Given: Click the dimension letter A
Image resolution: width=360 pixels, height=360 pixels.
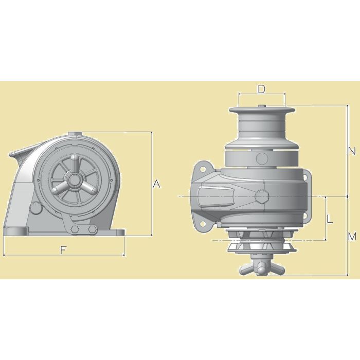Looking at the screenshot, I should pos(157,184).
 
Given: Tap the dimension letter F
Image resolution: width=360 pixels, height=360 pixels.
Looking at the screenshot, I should pos(63,250).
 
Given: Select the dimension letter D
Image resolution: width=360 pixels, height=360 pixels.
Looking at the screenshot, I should pos(261,89).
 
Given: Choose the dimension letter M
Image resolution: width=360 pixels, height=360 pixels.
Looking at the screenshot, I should pos(352,237).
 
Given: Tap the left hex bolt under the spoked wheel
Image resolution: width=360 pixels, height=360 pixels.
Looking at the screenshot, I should pos(76,229).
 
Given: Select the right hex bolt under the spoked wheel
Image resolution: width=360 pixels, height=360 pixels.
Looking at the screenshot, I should pos(93,229).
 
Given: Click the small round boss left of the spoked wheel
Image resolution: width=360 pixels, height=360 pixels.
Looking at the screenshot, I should pos(35,208).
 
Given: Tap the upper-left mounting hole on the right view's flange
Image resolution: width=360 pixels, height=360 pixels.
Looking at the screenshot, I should pos(202,169).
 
